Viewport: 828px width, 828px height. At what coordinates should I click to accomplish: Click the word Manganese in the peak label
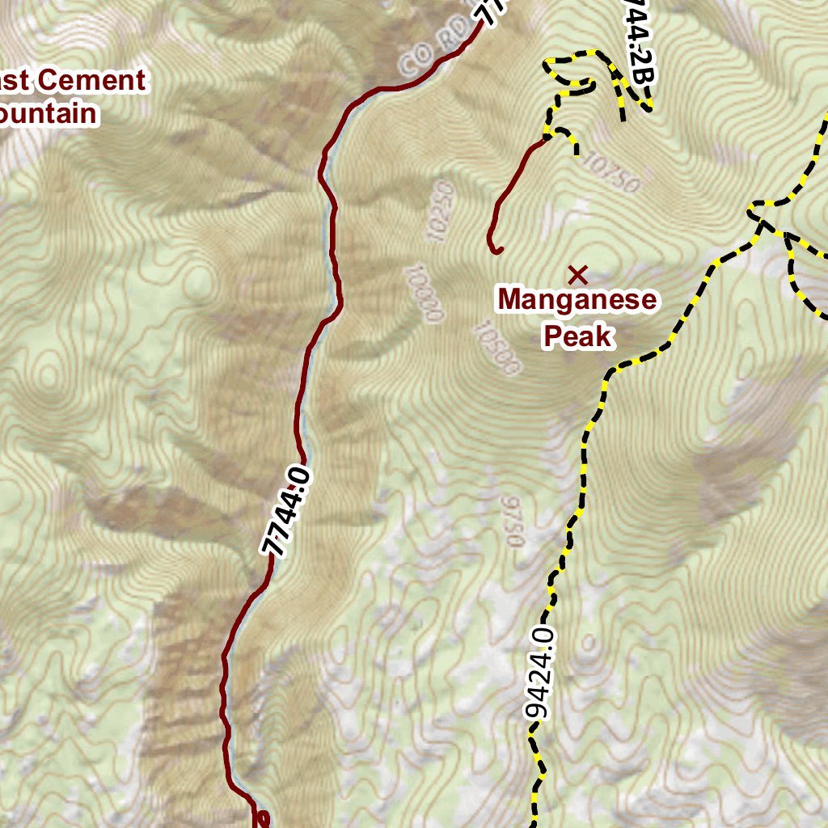pos(577,300)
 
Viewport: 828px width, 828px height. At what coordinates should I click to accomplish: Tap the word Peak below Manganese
pos(577,335)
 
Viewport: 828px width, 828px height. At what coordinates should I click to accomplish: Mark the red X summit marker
pos(577,274)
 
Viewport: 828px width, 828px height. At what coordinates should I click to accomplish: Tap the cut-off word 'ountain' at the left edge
pos(49,113)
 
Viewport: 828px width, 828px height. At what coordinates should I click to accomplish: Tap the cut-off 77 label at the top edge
pos(489,10)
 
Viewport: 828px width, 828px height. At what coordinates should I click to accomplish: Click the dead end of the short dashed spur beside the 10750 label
pos(577,152)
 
